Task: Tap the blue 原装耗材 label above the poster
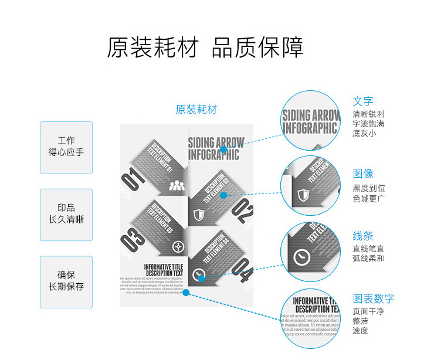tap(196, 110)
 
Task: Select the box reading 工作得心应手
tap(66, 147)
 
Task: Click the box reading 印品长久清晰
tap(66, 214)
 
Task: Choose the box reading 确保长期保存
tap(66, 281)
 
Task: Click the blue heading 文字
tap(363, 101)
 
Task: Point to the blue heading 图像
tap(363, 174)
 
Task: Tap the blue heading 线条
tap(363, 236)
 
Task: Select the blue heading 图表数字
tap(374, 298)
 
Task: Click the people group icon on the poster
tap(176, 186)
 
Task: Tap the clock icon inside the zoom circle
tap(302, 256)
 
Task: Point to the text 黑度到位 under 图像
tap(369, 189)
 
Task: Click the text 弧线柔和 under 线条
tap(369, 259)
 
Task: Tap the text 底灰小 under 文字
tap(364, 134)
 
